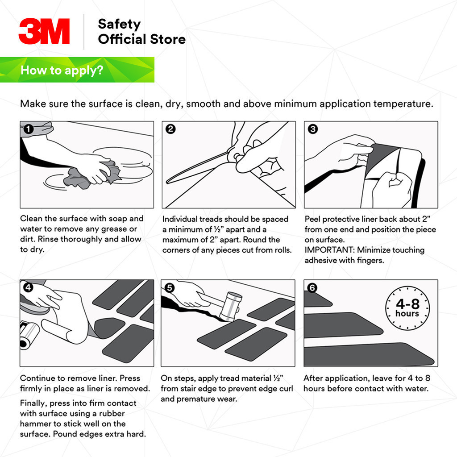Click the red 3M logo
tap(44, 31)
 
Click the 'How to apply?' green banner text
tap(62, 70)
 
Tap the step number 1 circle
tap(28, 129)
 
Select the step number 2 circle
tap(170, 129)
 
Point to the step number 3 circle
tap(313, 129)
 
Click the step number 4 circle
tap(28, 288)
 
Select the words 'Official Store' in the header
tap(141, 39)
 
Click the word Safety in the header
tap(119, 24)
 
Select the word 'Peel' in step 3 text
tap(313, 219)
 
